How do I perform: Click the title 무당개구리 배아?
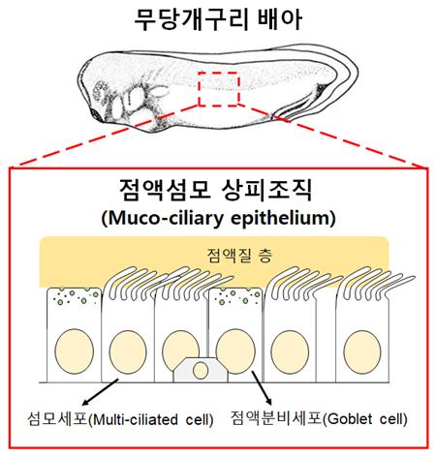click(218, 19)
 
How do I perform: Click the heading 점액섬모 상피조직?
click(215, 190)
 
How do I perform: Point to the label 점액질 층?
click(239, 256)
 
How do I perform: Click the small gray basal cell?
click(201, 370)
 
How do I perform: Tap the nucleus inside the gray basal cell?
click(201, 370)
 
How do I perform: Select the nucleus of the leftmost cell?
click(74, 351)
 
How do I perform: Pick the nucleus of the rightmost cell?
click(362, 352)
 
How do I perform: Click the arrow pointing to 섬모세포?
click(101, 392)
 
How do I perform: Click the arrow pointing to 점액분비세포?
click(262, 387)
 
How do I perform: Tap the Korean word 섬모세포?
click(57, 419)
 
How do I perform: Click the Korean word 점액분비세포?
click(276, 418)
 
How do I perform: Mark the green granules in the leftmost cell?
click(77, 296)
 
